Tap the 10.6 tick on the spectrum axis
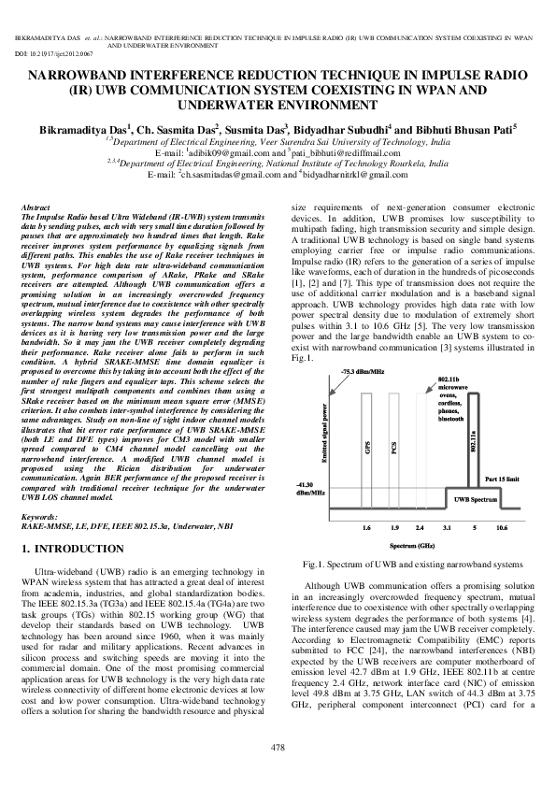(502, 527)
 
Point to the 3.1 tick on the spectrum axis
(447, 527)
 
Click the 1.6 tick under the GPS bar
(366, 527)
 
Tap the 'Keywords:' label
(39, 517)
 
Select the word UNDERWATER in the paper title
(229, 107)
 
